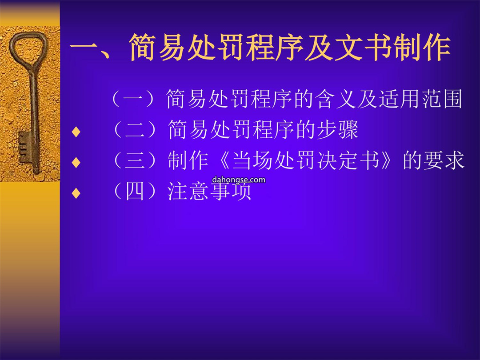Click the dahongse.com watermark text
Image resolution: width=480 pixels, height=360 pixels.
click(x=239, y=180)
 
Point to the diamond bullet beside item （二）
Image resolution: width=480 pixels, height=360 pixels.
click(x=76, y=132)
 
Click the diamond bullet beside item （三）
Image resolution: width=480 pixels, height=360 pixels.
click(x=76, y=162)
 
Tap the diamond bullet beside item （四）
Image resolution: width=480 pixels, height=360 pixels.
click(x=76, y=193)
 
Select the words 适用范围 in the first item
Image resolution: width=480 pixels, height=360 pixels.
click(x=420, y=99)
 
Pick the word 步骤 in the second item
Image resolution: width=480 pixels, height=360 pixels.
click(x=337, y=129)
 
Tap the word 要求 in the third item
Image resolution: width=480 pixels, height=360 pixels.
click(x=444, y=160)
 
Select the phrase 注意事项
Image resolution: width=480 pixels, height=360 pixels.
click(x=209, y=191)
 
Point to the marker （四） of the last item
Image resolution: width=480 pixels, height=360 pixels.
click(x=138, y=191)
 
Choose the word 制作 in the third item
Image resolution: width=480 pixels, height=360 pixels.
click(x=188, y=160)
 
